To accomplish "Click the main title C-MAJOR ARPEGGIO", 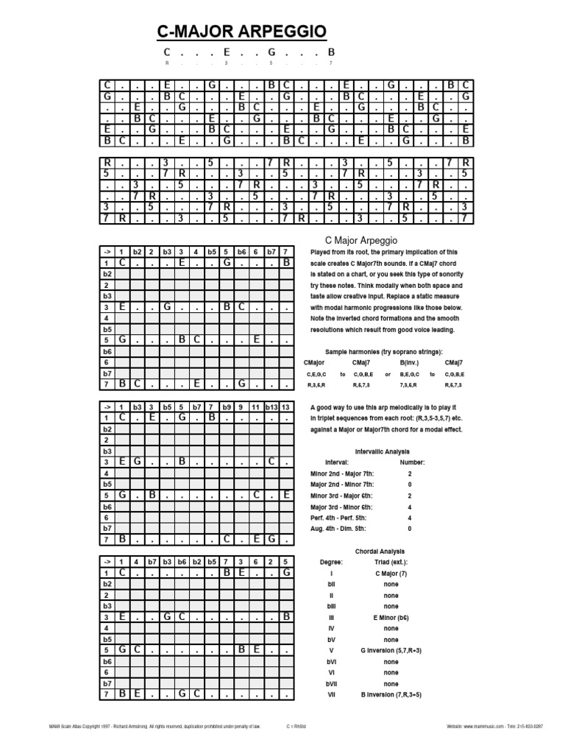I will [x=242, y=32].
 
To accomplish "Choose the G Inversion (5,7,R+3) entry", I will [x=391, y=650].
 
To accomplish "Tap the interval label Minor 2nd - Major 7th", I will [x=342, y=473].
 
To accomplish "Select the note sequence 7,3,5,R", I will [x=408, y=385].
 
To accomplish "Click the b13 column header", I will [x=270, y=406].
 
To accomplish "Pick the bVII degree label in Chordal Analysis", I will [x=331, y=683].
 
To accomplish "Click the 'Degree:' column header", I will [x=331, y=562].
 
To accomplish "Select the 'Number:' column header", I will [x=412, y=462].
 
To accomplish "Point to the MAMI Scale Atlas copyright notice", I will [x=154, y=726].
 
